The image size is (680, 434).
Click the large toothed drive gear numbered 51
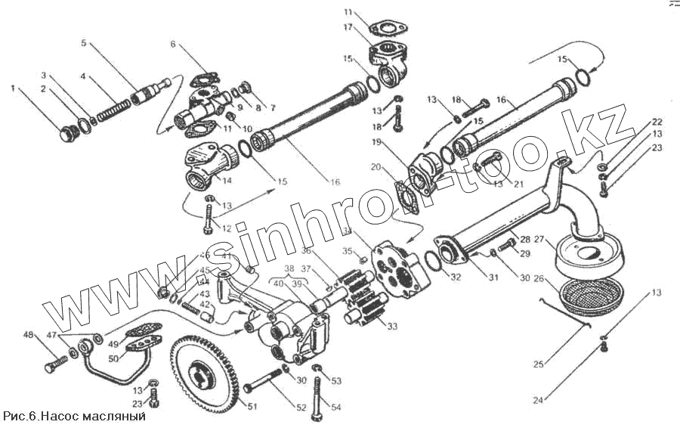205,375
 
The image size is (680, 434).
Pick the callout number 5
84,42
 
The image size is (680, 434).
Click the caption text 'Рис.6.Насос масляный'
73,416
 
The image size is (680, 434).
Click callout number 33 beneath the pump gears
391,326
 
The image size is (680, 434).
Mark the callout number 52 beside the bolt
301,408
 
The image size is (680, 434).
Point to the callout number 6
173,45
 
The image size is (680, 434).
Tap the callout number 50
113,359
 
